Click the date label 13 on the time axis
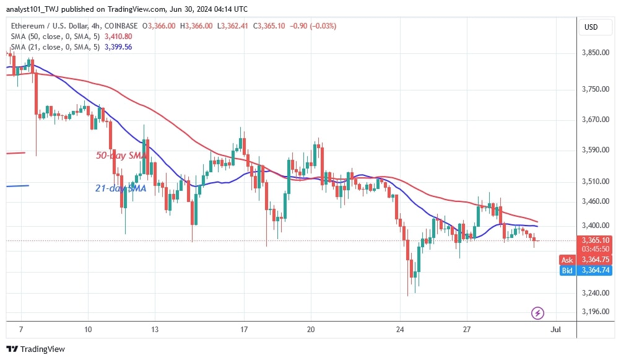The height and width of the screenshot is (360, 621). (155, 329)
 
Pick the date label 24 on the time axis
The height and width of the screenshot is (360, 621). (401, 329)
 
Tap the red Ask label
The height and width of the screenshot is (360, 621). (567, 260)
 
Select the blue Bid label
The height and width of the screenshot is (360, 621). (567, 271)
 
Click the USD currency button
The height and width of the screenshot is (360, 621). (591, 27)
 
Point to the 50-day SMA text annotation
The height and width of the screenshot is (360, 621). (121, 156)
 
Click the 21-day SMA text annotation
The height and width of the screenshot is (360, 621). (121, 188)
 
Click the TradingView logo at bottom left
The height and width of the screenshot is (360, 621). (35, 349)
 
